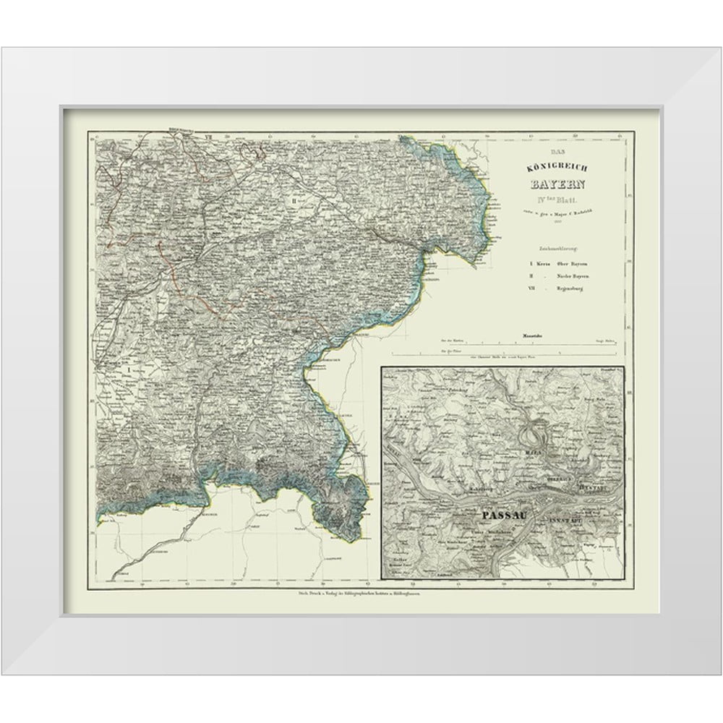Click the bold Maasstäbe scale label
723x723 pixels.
pos(531,336)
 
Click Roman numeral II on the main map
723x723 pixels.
pos(295,200)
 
